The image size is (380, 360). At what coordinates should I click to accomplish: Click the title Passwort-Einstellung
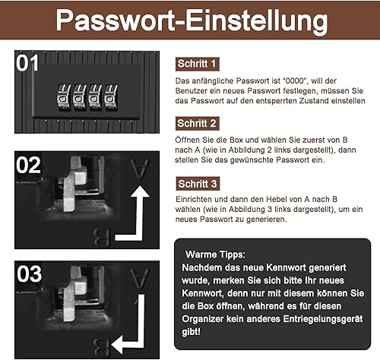(192, 21)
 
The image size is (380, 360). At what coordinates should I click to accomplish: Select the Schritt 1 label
(197, 64)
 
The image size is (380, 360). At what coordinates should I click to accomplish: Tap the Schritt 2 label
(197, 123)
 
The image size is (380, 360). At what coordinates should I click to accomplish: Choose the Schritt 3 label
(198, 184)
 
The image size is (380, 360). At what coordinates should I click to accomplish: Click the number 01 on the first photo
(27, 63)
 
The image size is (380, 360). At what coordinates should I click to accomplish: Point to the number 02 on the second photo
(28, 166)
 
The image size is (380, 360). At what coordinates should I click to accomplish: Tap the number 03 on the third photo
(29, 274)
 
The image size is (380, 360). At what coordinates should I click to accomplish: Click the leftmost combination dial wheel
(64, 97)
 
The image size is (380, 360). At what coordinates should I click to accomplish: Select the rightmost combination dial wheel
(111, 97)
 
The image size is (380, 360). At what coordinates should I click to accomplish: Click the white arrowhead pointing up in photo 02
(140, 191)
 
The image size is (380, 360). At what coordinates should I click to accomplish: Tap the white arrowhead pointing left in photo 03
(117, 345)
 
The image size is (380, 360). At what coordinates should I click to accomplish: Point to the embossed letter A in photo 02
(140, 169)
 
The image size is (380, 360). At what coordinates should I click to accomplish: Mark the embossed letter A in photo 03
(140, 278)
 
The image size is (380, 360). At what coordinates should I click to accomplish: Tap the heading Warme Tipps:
(215, 254)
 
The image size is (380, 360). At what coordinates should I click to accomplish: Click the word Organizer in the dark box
(203, 319)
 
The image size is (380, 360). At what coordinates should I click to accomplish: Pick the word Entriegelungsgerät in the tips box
(323, 319)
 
